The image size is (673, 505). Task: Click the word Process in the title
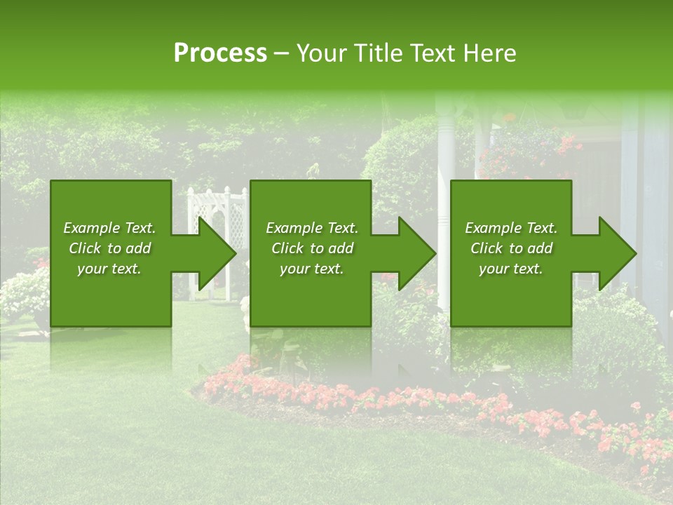(220, 53)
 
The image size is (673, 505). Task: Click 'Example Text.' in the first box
(109, 228)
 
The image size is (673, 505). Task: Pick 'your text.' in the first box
(109, 269)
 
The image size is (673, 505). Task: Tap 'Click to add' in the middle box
(312, 248)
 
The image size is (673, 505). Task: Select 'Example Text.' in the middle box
(312, 228)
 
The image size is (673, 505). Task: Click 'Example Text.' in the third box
(511, 228)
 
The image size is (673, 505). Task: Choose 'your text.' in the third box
(511, 269)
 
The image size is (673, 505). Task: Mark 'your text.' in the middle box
(312, 269)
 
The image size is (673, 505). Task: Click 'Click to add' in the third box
(511, 248)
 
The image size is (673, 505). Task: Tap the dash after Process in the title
(281, 53)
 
